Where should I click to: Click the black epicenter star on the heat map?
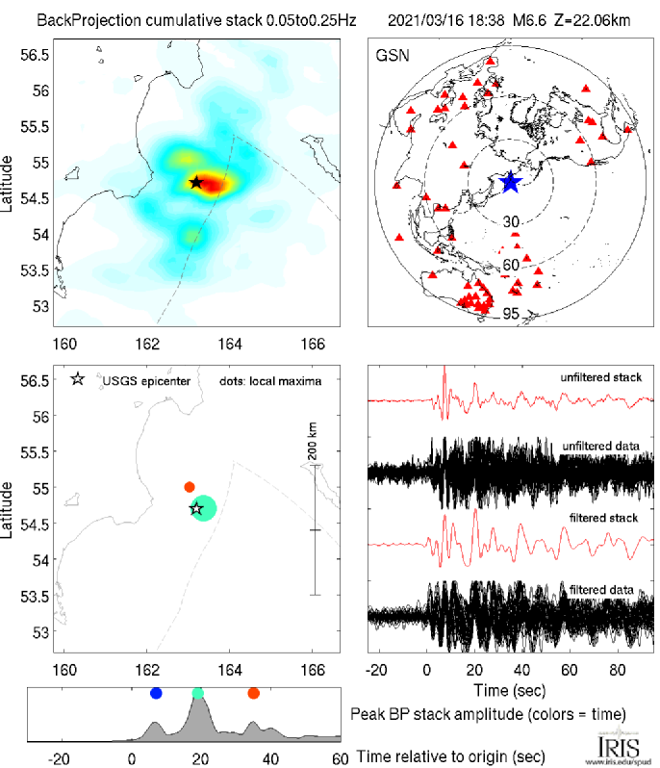point(196,182)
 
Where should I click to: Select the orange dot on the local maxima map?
point(190,487)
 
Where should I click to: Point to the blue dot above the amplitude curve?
point(157,693)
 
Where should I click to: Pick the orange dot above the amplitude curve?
point(253,693)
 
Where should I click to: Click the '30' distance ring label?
point(512,221)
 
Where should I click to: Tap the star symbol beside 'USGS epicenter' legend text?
point(78,379)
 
